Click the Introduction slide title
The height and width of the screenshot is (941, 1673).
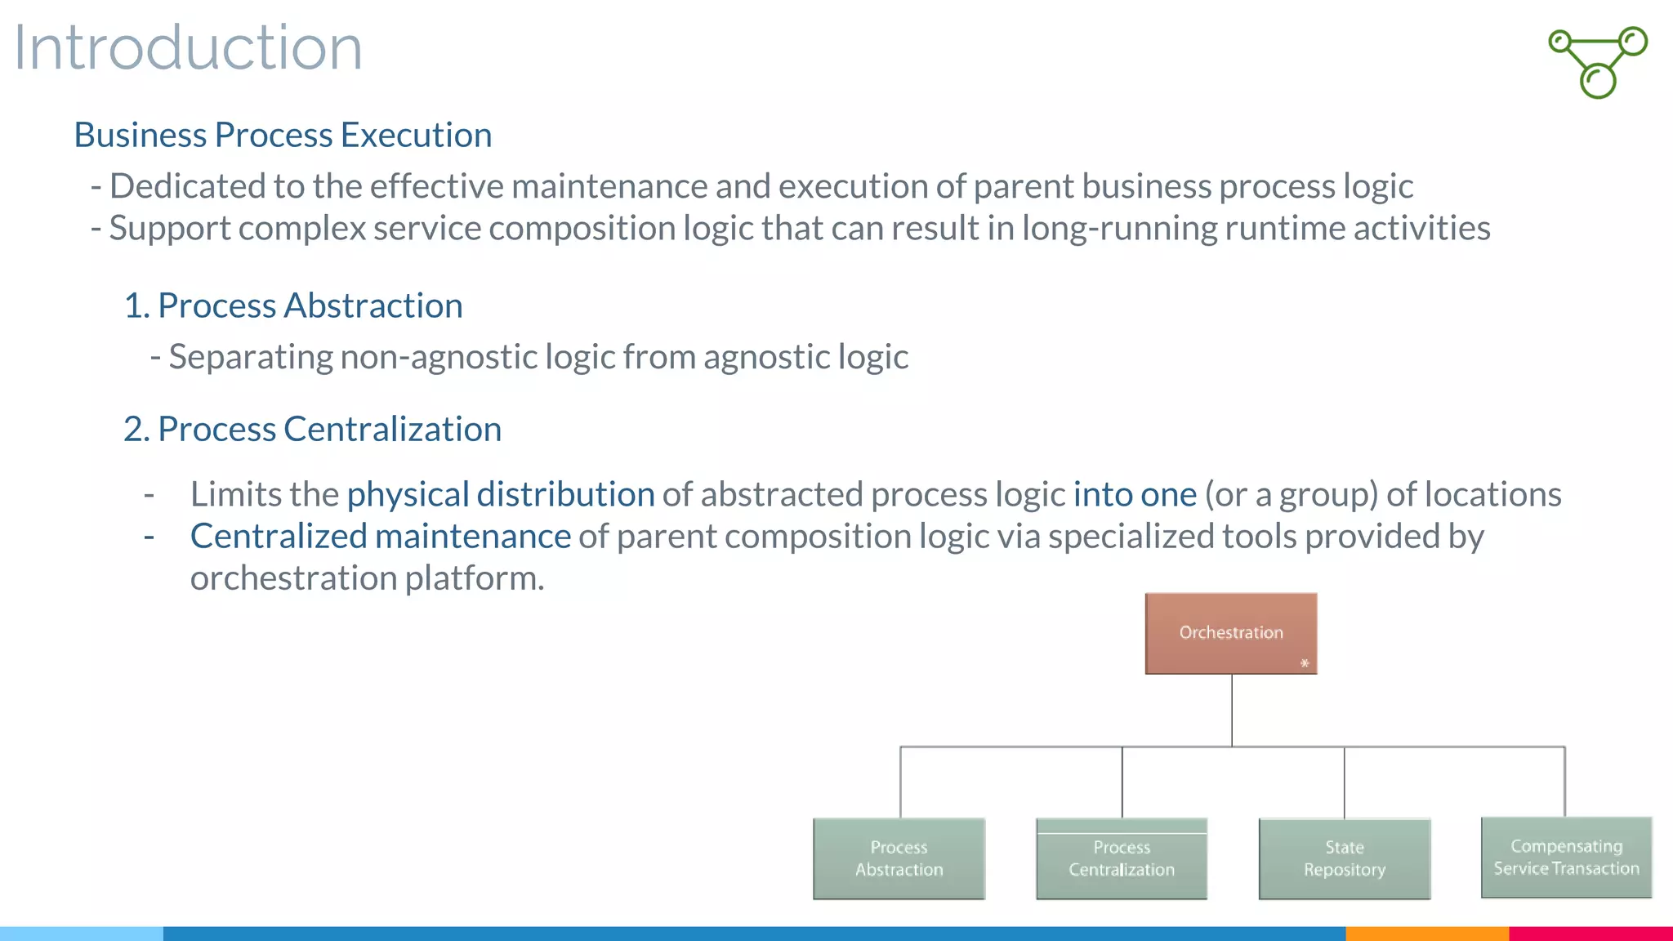click(x=188, y=47)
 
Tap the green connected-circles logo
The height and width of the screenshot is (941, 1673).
click(x=1599, y=62)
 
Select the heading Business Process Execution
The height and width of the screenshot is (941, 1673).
click(x=283, y=135)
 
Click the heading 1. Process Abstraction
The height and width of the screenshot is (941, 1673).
click(x=293, y=305)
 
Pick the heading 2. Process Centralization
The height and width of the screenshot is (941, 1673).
click(x=312, y=429)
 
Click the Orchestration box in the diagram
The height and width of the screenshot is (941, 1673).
click(x=1231, y=633)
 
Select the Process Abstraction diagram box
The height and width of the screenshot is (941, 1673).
click(x=899, y=858)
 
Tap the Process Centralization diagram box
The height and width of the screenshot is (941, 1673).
click(x=1122, y=858)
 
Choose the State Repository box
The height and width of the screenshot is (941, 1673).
click(x=1345, y=858)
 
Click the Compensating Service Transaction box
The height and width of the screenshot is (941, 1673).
click(x=1566, y=857)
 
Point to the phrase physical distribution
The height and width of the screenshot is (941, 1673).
click(x=501, y=494)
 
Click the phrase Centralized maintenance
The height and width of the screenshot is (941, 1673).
click(x=381, y=537)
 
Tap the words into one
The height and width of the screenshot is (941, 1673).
click(x=1135, y=494)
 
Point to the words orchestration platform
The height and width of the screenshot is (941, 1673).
click(x=367, y=578)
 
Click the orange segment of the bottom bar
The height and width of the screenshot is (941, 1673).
click(x=1426, y=933)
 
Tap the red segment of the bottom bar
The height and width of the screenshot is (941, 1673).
click(x=1590, y=933)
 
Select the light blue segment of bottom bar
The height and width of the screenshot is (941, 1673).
click(x=82, y=933)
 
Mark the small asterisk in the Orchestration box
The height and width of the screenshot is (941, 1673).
click(x=1305, y=663)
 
